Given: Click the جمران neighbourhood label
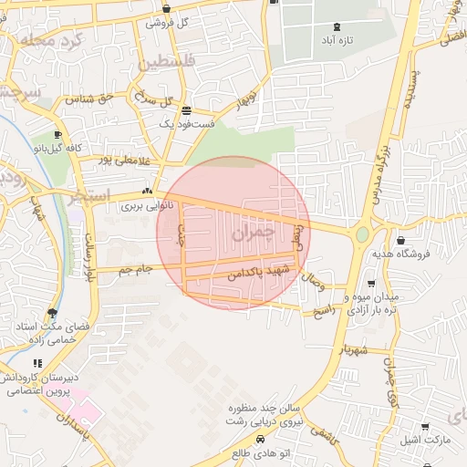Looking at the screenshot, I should pos(252,233).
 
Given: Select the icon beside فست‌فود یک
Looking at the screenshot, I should pos(186,110).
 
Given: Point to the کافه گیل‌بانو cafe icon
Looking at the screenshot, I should pos(57,135).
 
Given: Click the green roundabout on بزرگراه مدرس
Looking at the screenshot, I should pos(362,234).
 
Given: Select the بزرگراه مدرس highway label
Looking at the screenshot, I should pos(385,156).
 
